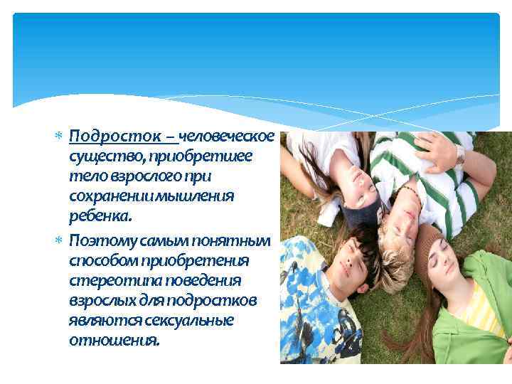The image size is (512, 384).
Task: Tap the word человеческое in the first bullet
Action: pyautogui.click(x=227, y=136)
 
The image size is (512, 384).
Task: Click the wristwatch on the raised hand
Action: pyautogui.click(x=460, y=154)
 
